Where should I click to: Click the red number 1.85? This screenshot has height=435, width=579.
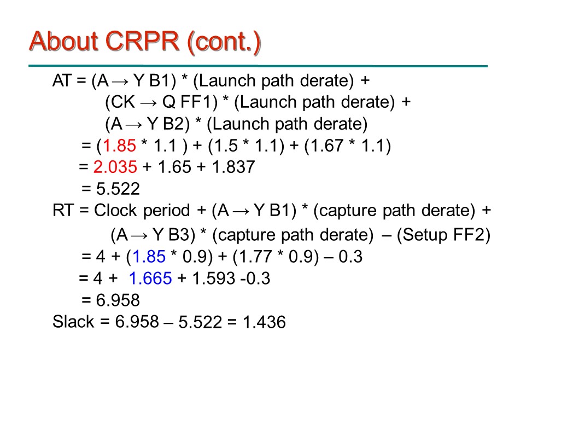click(119, 145)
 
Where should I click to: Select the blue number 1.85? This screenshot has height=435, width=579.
click(149, 257)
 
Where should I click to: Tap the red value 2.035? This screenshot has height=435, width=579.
click(115, 167)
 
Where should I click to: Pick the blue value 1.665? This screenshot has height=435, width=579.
click(150, 279)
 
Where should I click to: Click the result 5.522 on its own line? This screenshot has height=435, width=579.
click(118, 189)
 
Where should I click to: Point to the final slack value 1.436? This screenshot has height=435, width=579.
click(264, 322)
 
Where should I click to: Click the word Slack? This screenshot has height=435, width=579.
click(73, 322)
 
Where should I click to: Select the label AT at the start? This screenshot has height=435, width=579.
click(62, 80)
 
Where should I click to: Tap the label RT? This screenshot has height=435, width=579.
click(63, 210)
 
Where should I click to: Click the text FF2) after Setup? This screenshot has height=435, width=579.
click(472, 235)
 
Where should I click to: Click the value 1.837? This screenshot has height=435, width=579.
click(233, 167)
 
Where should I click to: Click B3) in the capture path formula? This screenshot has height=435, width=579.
click(182, 235)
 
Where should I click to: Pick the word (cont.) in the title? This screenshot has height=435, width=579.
click(224, 42)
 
